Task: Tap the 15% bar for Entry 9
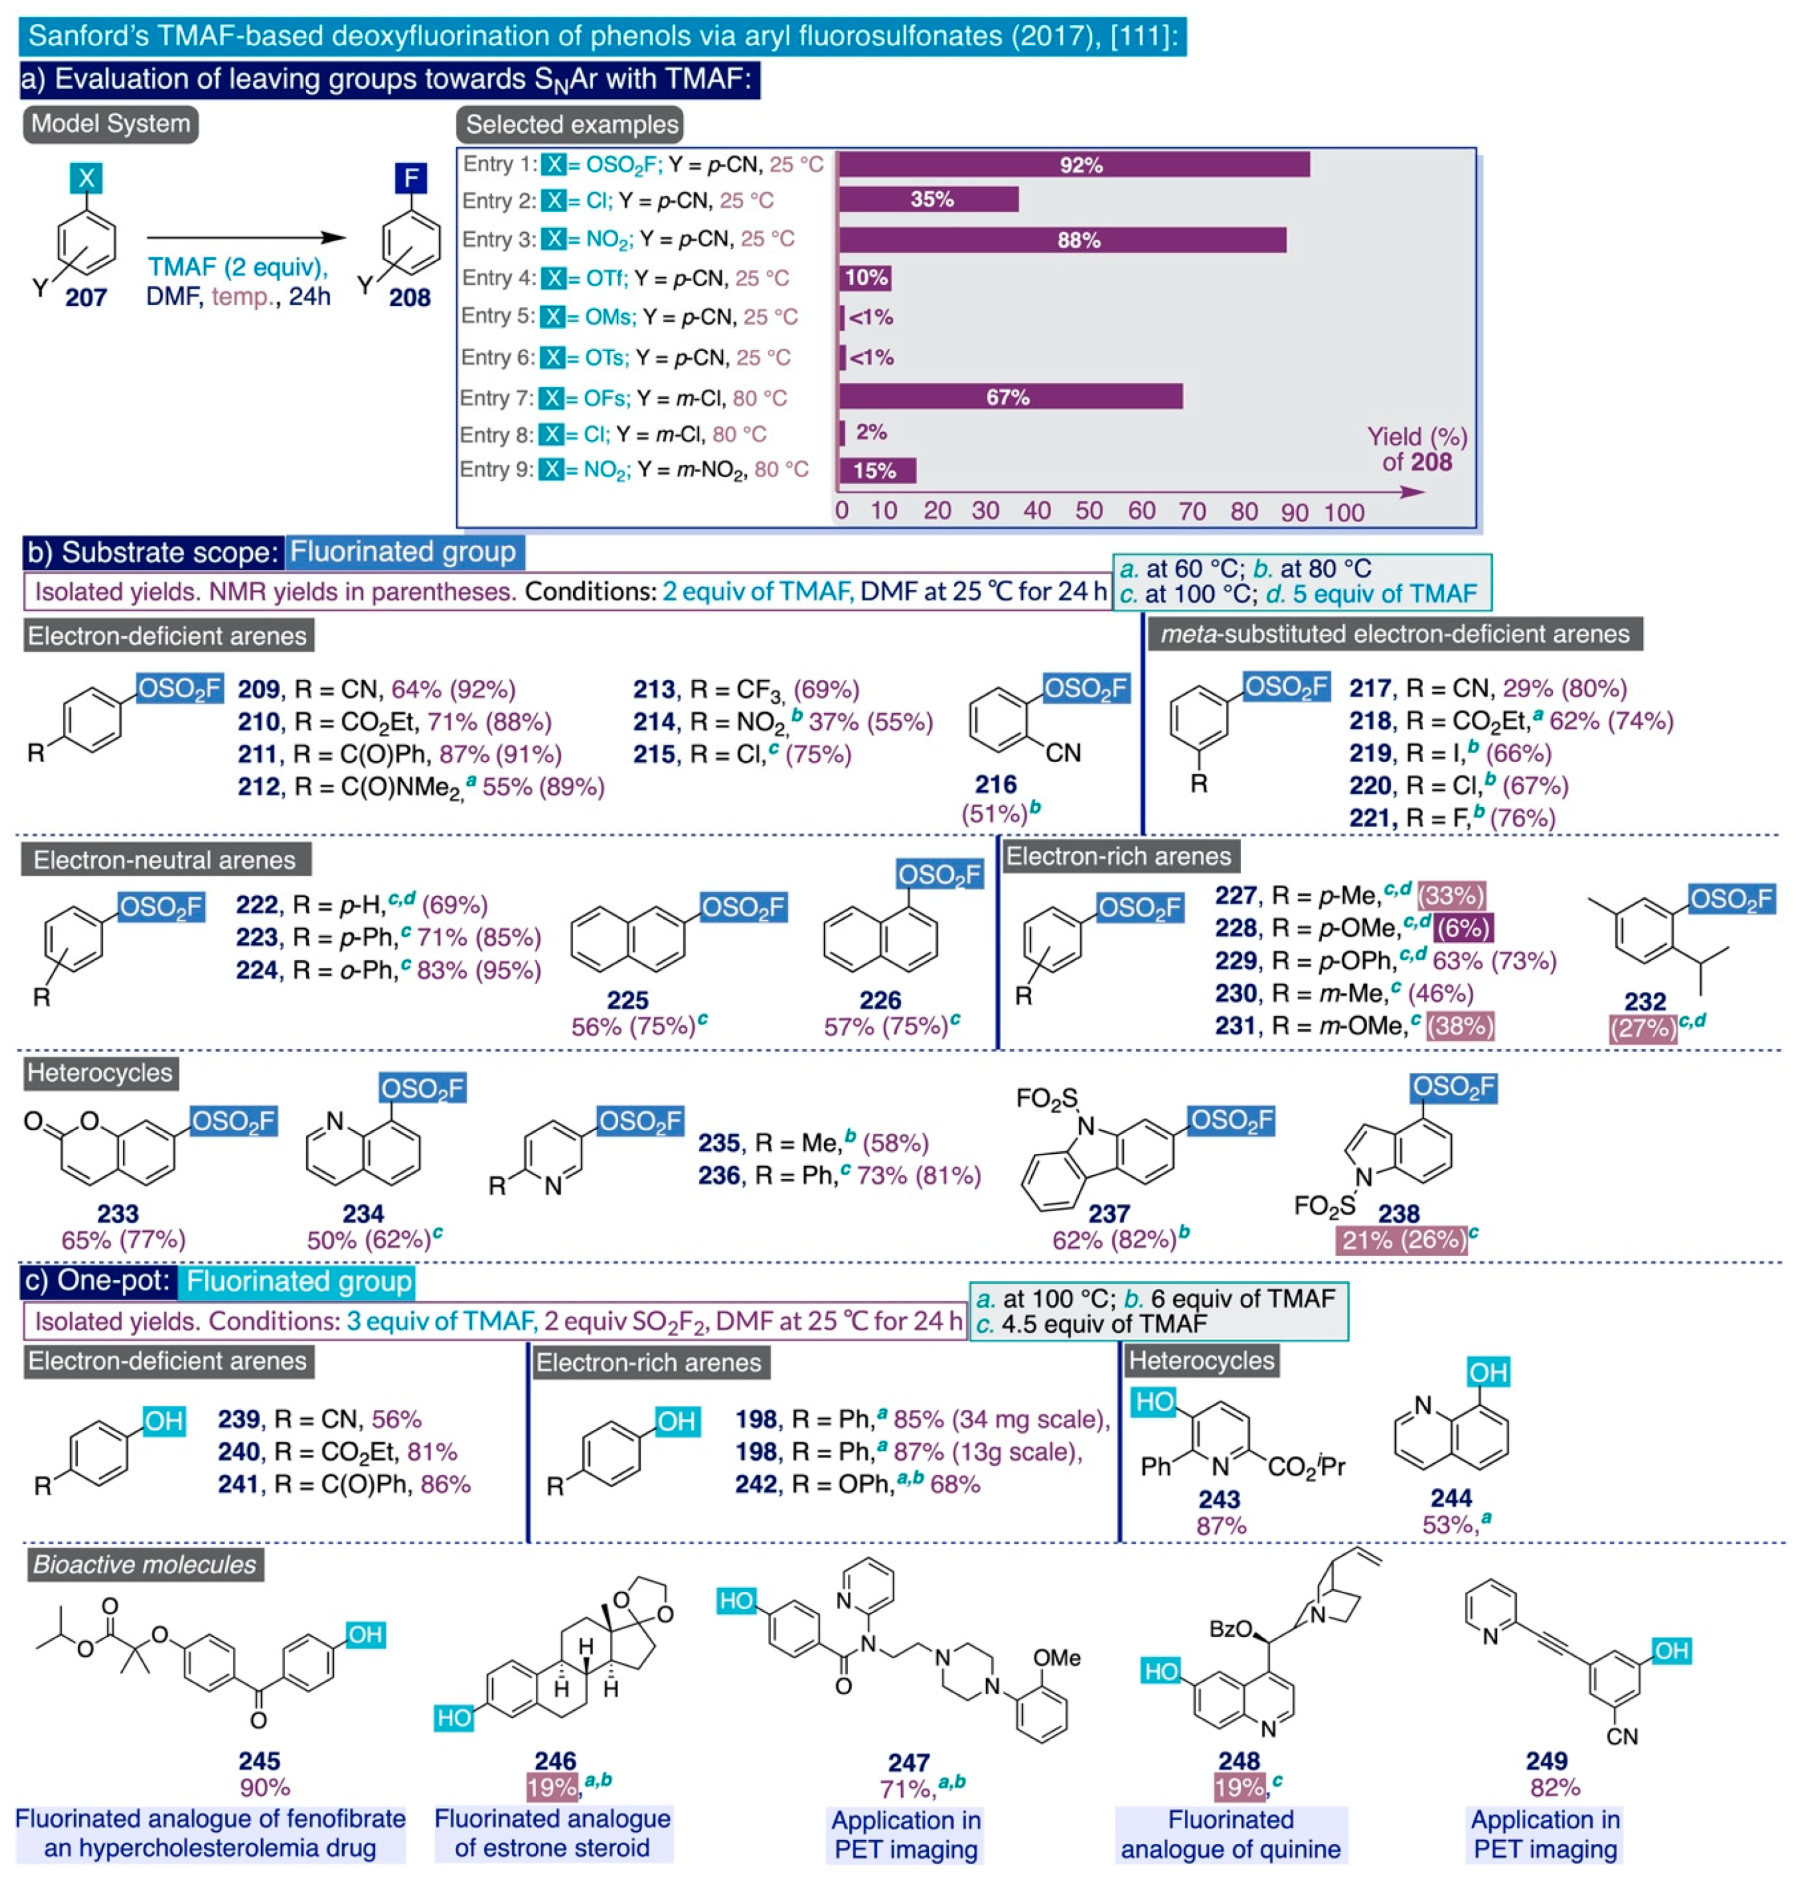876,470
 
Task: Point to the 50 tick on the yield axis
1088,511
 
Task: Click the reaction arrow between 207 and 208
246,237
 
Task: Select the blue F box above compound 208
410,178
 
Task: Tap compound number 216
996,784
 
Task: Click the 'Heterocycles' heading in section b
100,1072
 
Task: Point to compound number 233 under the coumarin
118,1214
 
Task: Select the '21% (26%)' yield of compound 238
1402,1239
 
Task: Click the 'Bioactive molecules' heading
145,1564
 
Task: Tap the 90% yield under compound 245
265,1787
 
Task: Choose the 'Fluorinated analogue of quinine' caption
1231,1834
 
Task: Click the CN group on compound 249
1622,1735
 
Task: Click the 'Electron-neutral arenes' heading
165,859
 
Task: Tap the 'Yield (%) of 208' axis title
1417,449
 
